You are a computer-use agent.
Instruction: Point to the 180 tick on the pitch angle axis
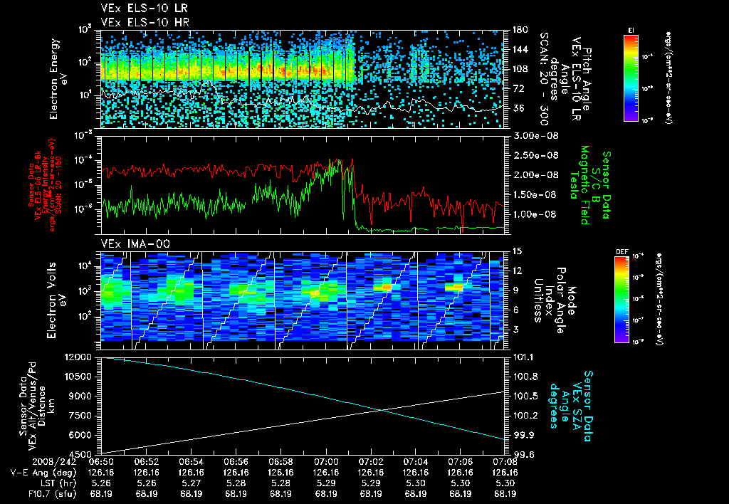[x=520, y=30]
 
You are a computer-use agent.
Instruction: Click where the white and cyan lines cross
[x=383, y=409]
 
